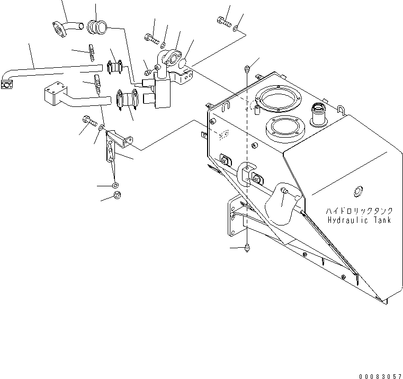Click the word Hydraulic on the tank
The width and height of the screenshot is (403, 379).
(346, 220)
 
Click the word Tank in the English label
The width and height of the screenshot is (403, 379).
(381, 220)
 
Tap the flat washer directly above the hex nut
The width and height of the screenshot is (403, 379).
(115, 186)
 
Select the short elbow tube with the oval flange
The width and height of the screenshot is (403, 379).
(65, 28)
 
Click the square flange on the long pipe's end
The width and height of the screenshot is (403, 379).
(7, 84)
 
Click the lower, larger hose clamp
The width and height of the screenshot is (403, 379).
(127, 99)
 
